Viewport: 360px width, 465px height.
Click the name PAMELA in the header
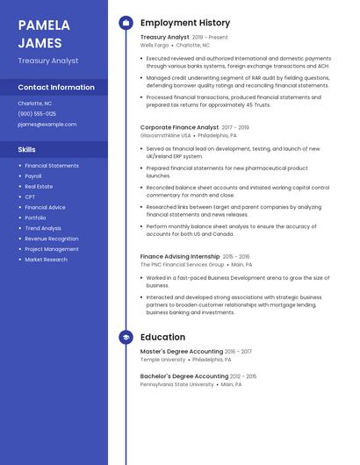44,25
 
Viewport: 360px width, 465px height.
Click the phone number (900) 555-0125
37,114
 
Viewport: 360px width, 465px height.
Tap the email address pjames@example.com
47,125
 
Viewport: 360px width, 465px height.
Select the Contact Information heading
56,88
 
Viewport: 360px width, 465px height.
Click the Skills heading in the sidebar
27,150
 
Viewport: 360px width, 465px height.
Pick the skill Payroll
33,176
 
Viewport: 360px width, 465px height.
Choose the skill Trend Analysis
43,228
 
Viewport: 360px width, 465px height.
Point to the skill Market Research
46,260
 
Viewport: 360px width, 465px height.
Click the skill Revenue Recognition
51,239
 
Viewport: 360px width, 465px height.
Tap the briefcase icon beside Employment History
126,23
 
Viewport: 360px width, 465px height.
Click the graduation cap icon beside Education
126,337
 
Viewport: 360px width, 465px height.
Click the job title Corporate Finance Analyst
180,127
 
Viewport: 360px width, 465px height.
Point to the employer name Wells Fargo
155,46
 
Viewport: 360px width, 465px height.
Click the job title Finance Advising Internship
180,256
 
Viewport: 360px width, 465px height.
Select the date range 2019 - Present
210,38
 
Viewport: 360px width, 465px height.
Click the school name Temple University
163,360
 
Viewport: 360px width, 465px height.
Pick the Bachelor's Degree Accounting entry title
184,376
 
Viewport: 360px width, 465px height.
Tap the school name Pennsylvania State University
177,384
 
